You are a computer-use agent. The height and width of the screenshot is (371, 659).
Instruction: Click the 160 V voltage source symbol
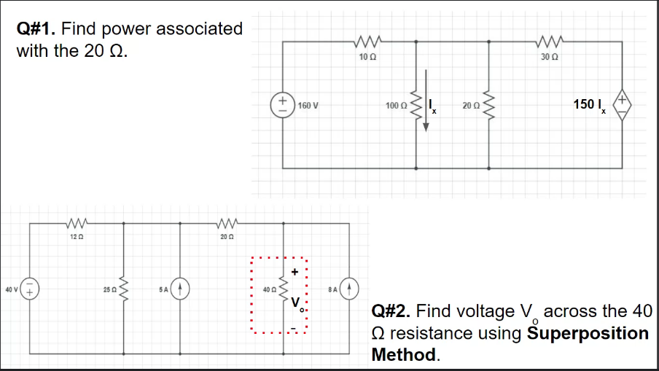[x=280, y=103]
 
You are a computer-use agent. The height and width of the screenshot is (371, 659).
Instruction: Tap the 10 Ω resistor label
[x=367, y=58]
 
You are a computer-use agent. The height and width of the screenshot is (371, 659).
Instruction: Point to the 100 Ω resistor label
[x=397, y=106]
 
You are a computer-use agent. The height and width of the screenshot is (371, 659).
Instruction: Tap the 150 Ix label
[x=589, y=104]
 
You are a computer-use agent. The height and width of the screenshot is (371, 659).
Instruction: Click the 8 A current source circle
[x=349, y=289]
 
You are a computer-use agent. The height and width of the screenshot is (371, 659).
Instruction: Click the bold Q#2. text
[x=392, y=311]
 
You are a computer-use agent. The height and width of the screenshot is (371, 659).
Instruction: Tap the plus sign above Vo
[x=295, y=271]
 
